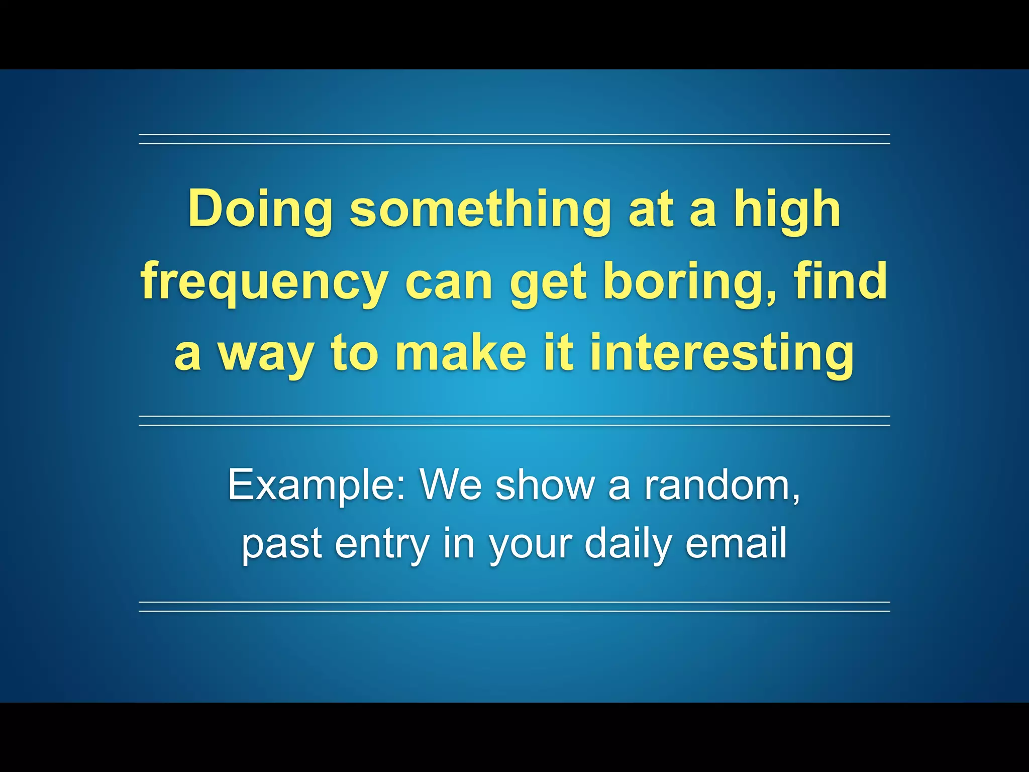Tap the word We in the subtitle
pos(451,485)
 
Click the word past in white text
pos(282,544)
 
